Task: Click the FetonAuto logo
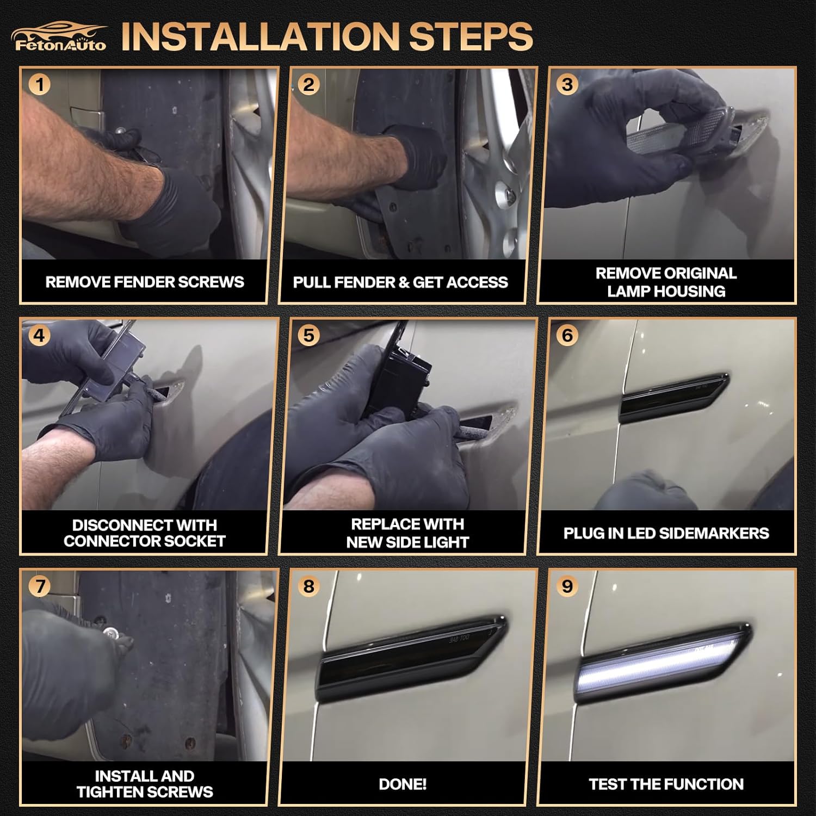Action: tap(59, 36)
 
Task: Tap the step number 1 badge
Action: tap(40, 85)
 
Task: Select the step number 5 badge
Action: tap(308, 336)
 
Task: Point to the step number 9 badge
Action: tap(567, 586)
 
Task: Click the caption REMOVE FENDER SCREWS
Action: tap(145, 282)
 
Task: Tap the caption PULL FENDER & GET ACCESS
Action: tap(400, 282)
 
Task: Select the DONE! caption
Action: tap(403, 784)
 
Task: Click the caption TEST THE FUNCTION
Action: tap(666, 784)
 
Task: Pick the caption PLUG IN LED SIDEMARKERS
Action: tap(666, 533)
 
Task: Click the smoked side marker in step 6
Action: tap(675, 398)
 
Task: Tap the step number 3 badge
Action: tap(567, 85)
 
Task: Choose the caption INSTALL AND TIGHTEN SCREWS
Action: tap(145, 784)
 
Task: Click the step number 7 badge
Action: tap(40, 586)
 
